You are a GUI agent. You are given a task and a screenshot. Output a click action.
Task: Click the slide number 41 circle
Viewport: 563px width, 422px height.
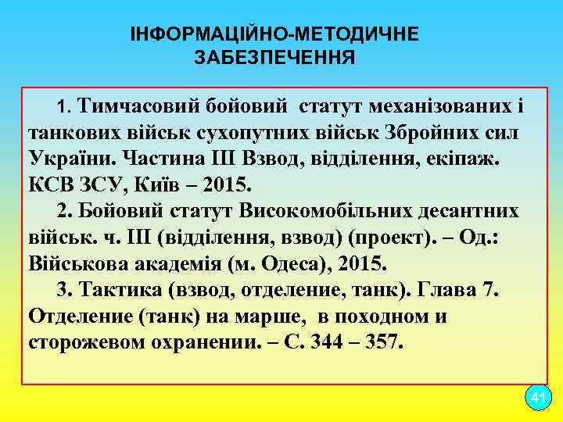pos(536,398)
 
